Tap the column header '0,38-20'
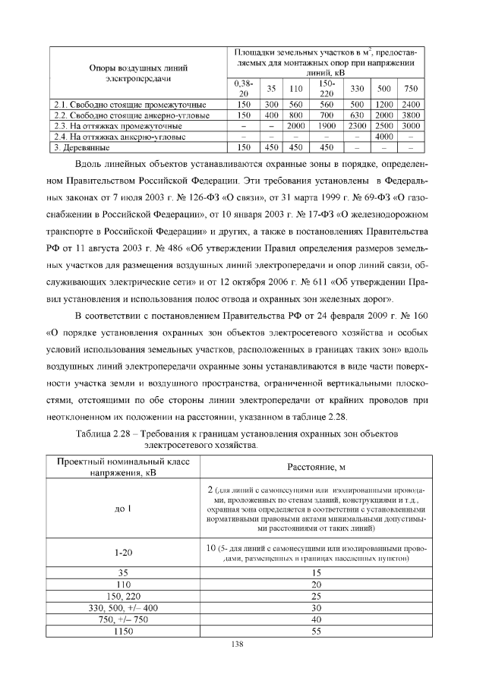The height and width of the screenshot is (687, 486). click(244, 87)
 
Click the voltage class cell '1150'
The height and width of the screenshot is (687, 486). click(124, 630)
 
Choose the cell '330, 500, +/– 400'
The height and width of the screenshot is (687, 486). click(124, 607)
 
